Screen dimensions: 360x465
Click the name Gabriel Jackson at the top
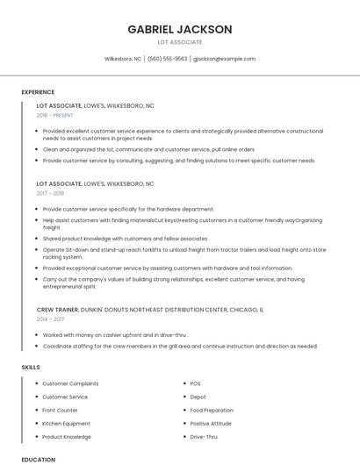tap(180, 29)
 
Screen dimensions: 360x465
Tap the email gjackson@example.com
tap(224, 59)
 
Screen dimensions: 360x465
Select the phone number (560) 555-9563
tap(167, 59)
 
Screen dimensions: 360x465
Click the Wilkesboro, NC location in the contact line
tap(123, 59)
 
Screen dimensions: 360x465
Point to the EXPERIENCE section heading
tap(38, 92)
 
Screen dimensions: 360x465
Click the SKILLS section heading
tap(31, 367)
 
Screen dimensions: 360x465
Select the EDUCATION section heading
tap(38, 459)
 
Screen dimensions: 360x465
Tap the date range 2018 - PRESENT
tap(55, 115)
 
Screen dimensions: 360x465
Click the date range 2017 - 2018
tap(51, 193)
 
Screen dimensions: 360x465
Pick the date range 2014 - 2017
tap(51, 319)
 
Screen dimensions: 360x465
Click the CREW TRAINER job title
tap(57, 310)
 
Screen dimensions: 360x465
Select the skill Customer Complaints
tap(70, 383)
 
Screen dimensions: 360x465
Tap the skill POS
tap(195, 383)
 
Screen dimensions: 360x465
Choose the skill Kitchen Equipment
tap(66, 423)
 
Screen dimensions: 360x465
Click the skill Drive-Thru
tap(204, 436)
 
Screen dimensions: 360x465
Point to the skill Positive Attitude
tap(212, 423)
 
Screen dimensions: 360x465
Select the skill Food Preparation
tap(212, 410)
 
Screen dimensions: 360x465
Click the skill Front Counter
tap(60, 410)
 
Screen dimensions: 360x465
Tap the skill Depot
tap(198, 397)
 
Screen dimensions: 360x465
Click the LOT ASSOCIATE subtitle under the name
tap(180, 42)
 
